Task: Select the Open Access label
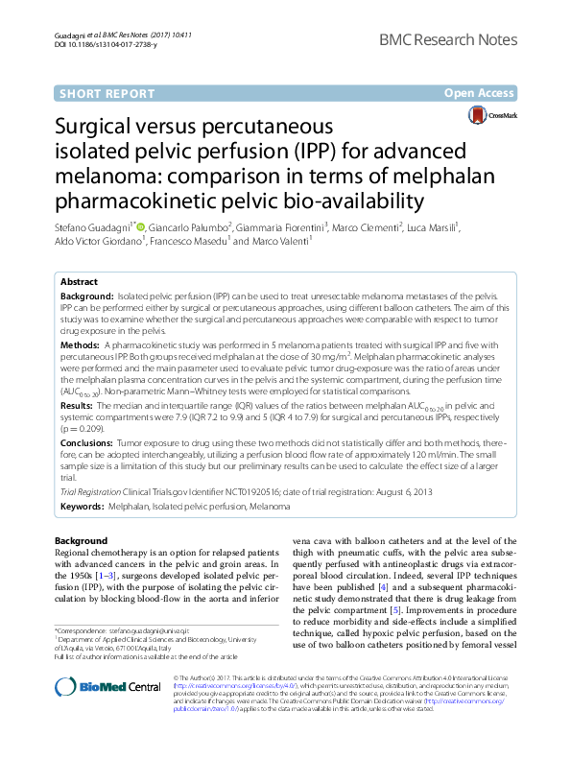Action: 480,93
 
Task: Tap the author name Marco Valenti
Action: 282,242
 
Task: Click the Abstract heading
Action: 79,282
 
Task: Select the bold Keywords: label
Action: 83,506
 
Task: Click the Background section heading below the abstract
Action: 82,540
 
